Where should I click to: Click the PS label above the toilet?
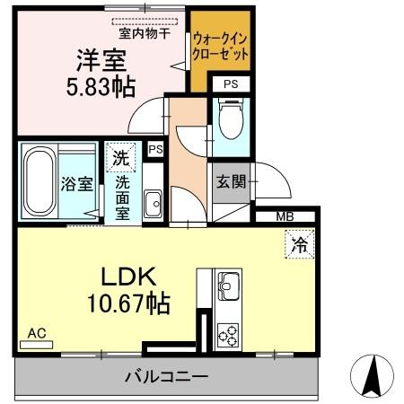231,83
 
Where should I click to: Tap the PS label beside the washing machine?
155,150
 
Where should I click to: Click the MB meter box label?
285,216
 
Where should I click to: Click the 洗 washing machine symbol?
120,156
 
